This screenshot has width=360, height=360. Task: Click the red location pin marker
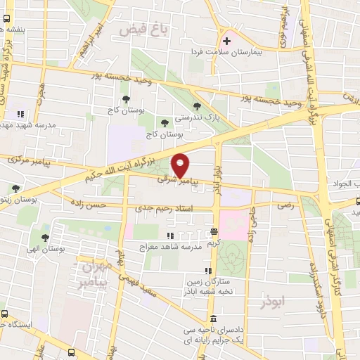pyautogui.click(x=181, y=166)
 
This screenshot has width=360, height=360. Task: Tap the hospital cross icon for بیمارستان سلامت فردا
pyautogui.click(x=226, y=41)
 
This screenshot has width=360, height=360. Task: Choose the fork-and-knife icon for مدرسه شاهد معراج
pyautogui.click(x=169, y=236)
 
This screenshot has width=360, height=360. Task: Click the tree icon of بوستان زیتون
pyautogui.click(x=15, y=188)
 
